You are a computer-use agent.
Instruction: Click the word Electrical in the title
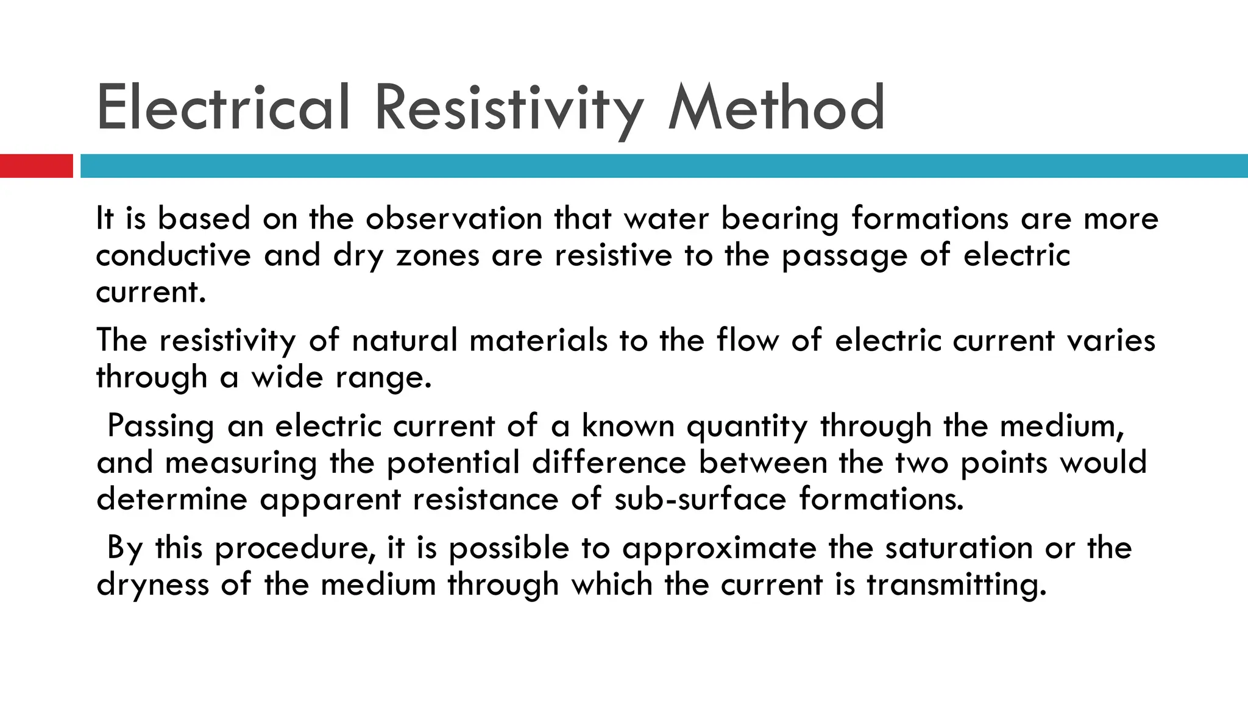[x=223, y=108]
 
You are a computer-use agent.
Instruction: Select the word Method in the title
[x=776, y=108]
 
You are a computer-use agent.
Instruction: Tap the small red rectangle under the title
[x=36, y=166]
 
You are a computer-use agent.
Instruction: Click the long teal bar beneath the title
[x=664, y=166]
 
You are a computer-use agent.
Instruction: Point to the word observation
[x=453, y=218]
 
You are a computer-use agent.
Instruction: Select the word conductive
[x=173, y=255]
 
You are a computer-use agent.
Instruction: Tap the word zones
[x=438, y=255]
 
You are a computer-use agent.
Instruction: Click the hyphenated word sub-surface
[x=700, y=498]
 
